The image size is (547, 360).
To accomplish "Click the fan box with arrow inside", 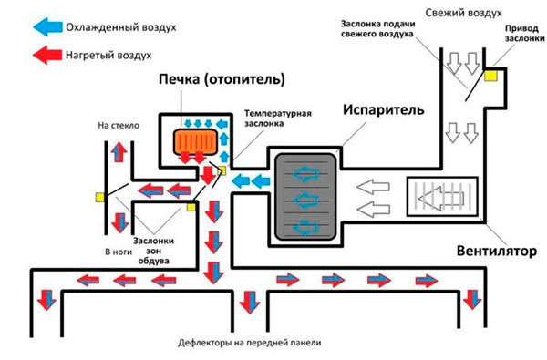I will point(441,196).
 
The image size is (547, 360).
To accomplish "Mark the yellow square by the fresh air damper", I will point(490,79).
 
